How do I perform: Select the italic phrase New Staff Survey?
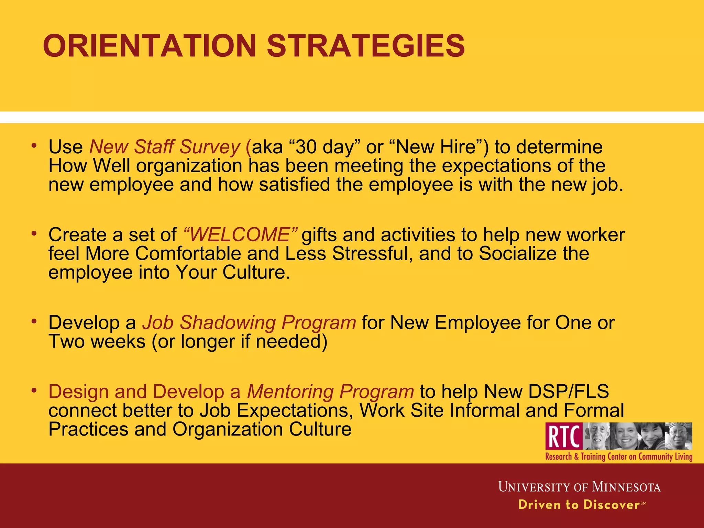[x=165, y=147]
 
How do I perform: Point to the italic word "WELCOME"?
[x=240, y=235]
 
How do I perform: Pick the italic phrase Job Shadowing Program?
[x=249, y=323]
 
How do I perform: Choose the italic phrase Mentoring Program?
[x=330, y=392]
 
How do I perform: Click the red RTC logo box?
[x=564, y=437]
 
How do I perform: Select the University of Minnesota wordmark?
[x=579, y=487]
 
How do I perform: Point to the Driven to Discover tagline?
[x=579, y=505]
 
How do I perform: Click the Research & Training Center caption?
[x=619, y=457]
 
